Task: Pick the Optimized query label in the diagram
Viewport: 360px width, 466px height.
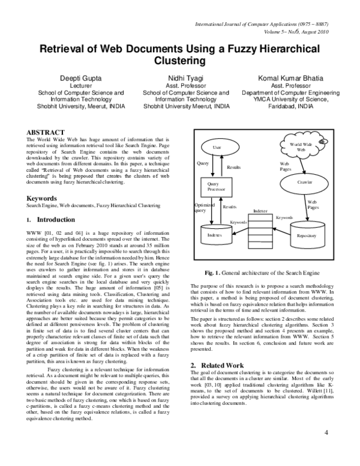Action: [x=200, y=207]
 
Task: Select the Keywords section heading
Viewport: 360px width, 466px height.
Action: [x=41, y=198]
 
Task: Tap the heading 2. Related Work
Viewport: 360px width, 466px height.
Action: [x=217, y=365]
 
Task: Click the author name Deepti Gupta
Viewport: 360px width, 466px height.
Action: [x=80, y=78]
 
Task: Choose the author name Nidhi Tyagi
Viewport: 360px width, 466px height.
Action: [x=186, y=78]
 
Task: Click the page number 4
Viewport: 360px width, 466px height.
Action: [x=326, y=432]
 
